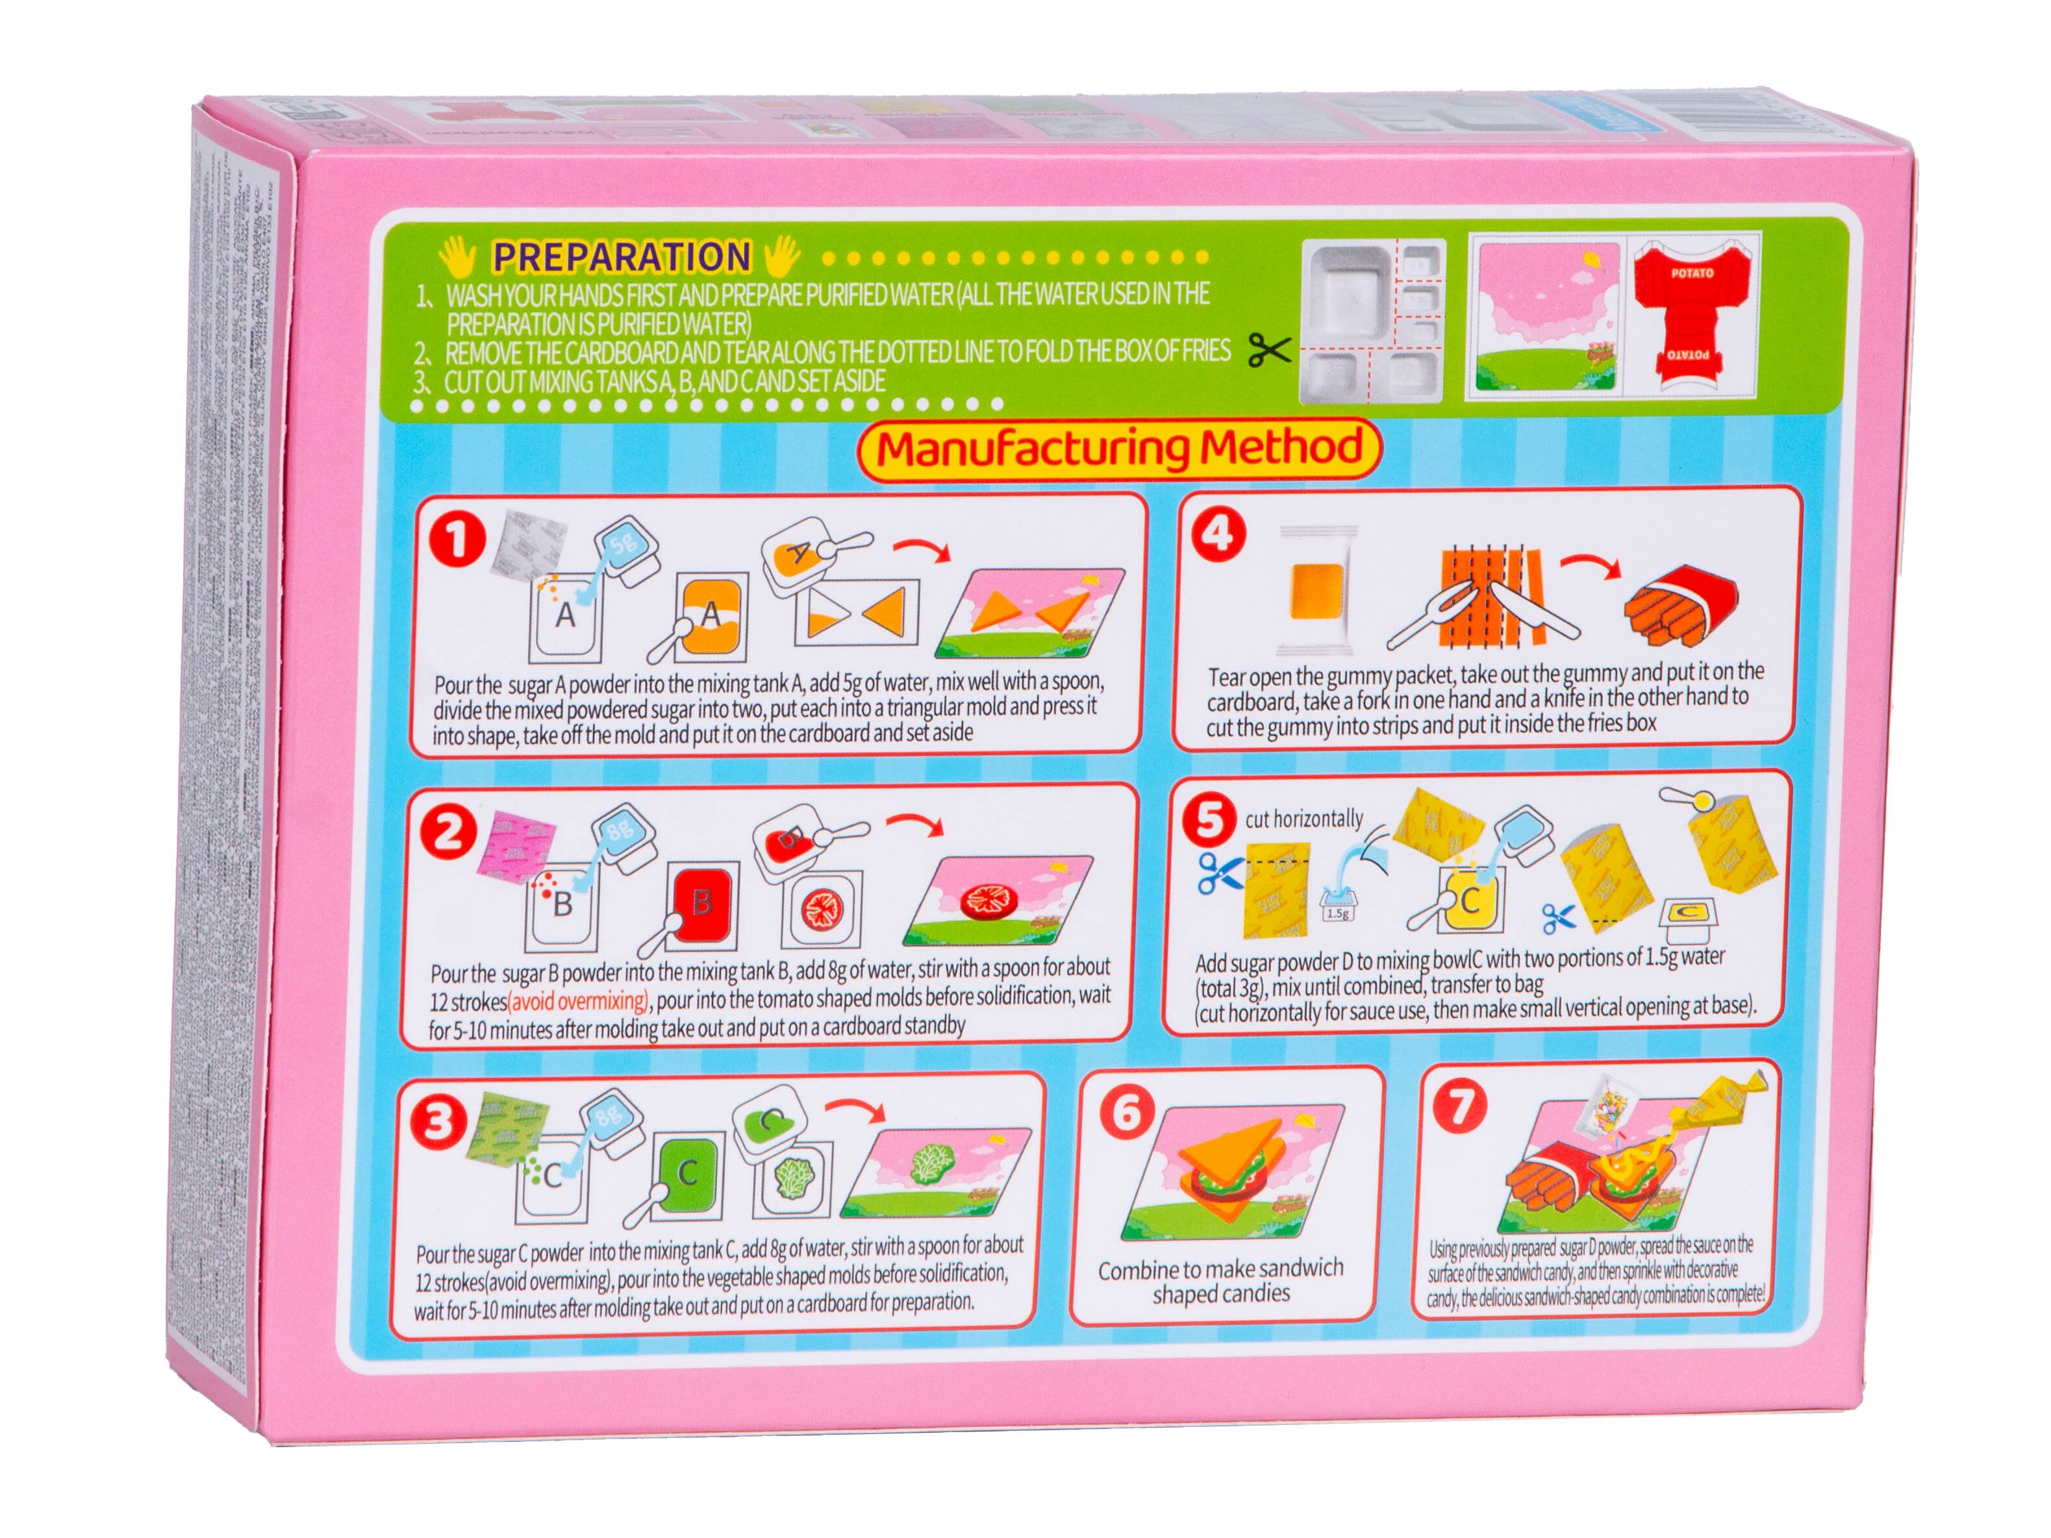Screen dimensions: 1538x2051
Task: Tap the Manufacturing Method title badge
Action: pyautogui.click(x=1118, y=449)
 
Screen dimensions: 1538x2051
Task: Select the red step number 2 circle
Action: pyautogui.click(x=449, y=830)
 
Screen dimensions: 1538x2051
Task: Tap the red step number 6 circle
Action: pyautogui.click(x=1127, y=1111)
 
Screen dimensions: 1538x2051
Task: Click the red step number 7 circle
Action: pyautogui.click(x=1461, y=1106)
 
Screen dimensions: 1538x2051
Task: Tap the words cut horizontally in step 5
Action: pyautogui.click(x=1303, y=819)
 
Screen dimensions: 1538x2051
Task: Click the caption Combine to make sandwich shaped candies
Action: pyautogui.click(x=1220, y=1280)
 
